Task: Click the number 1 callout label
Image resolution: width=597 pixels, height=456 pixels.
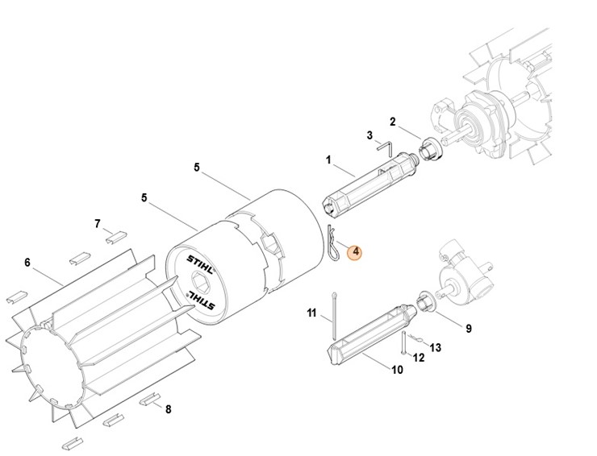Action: tap(328, 160)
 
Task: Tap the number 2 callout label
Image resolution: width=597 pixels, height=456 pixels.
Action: tap(393, 122)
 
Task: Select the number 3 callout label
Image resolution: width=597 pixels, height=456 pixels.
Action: tap(369, 135)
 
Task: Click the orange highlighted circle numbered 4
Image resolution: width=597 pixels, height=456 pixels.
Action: tap(354, 253)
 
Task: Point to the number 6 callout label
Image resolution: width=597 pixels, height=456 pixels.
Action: tap(27, 262)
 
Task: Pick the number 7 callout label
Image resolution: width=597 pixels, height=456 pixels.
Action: tap(98, 223)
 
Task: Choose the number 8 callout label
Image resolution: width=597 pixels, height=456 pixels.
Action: tap(168, 409)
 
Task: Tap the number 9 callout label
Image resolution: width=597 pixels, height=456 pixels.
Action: tap(469, 328)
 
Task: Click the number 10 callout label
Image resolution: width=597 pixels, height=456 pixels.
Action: tap(397, 370)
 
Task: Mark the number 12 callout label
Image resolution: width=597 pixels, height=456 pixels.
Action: tap(418, 357)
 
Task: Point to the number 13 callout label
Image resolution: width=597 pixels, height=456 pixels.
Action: tap(436, 347)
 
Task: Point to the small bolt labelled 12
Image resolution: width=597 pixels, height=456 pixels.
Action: tap(401, 345)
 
